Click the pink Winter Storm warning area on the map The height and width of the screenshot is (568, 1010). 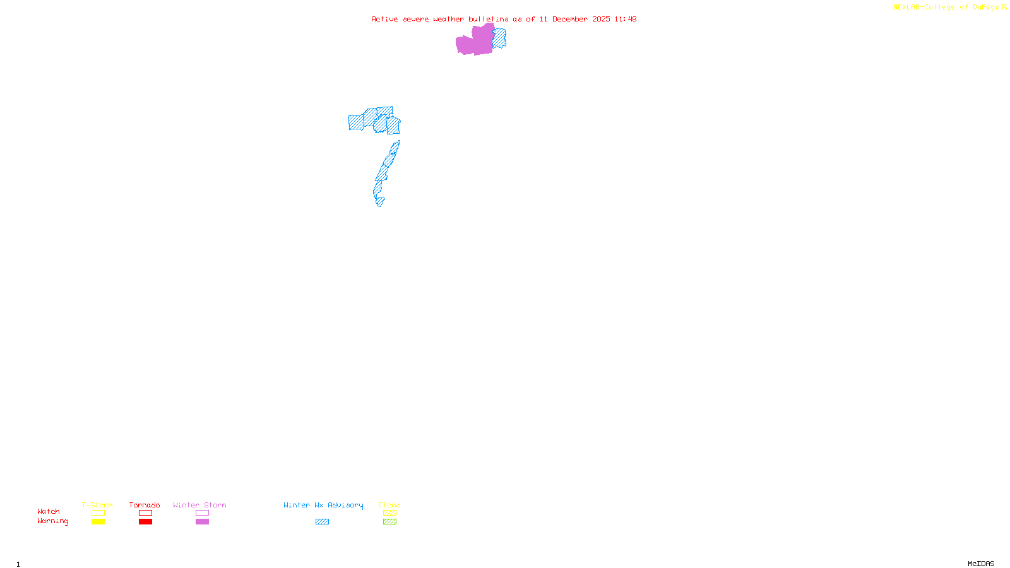pos(475,42)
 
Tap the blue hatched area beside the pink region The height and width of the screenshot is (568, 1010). pos(499,38)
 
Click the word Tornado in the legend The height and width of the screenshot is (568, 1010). pos(145,505)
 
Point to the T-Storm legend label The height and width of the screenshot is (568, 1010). pos(97,505)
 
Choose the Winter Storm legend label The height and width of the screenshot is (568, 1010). pos(199,505)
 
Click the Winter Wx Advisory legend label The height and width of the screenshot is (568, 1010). pos(323,505)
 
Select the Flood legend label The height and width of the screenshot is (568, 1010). pos(389,505)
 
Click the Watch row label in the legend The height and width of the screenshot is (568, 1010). pos(49,511)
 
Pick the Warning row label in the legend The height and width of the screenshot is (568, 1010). pos(52,521)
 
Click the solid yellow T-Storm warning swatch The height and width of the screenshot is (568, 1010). pos(98,522)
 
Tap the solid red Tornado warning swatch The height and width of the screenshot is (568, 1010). pos(145,522)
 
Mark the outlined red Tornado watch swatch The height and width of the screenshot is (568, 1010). pos(145,513)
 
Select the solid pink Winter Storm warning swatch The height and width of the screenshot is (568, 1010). pos(202,522)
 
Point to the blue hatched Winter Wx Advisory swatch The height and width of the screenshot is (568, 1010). pos(322,522)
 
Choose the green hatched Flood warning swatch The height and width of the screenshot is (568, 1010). pos(389,522)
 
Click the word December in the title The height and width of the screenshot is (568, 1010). pos(570,19)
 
